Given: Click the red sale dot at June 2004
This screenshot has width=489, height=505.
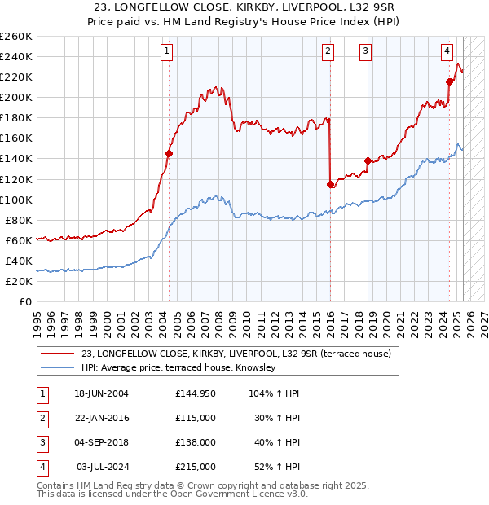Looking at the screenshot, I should click(169, 153).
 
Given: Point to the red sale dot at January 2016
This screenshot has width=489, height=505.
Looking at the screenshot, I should click(330, 184).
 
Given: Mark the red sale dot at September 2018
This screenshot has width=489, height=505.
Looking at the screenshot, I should click(368, 160).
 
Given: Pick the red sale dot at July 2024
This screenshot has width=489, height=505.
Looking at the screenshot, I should click(449, 81).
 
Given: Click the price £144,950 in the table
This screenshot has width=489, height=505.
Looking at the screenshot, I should click(195, 393).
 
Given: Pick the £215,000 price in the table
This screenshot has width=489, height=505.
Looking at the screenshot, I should click(195, 467).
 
